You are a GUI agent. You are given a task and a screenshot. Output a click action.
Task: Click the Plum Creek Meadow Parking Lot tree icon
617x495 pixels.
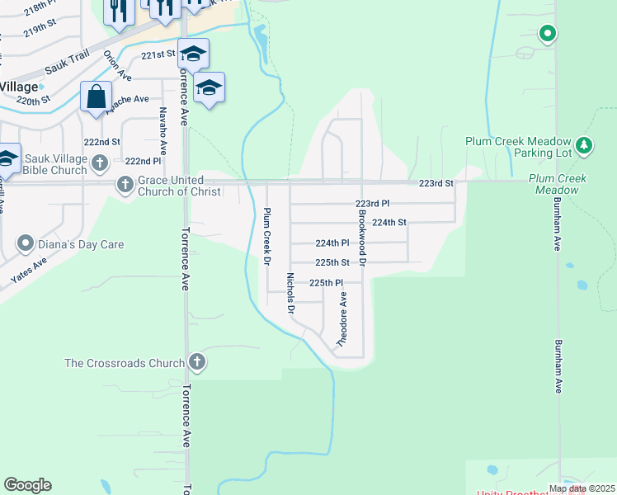click(585, 146)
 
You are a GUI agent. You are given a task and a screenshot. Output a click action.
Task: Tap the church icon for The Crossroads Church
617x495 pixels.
click(197, 361)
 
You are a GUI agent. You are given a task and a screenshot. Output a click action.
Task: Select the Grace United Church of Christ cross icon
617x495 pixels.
click(125, 184)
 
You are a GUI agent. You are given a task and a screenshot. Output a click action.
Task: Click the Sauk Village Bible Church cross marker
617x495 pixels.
click(100, 163)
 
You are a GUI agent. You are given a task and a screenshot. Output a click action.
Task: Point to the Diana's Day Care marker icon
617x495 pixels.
click(25, 243)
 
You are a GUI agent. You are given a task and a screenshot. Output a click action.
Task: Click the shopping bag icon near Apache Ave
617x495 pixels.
click(96, 97)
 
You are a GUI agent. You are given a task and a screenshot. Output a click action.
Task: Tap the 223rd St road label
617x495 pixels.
click(436, 183)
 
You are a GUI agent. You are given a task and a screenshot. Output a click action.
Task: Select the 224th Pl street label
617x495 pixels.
click(333, 243)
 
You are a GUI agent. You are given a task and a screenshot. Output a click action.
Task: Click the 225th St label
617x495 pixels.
click(333, 263)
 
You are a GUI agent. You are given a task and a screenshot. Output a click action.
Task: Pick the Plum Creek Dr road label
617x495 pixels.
click(267, 236)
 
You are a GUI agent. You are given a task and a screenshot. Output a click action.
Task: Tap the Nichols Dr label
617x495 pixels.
click(290, 294)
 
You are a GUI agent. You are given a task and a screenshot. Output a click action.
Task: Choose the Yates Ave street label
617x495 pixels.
click(29, 271)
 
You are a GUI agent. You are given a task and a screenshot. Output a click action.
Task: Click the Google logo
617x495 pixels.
click(27, 485)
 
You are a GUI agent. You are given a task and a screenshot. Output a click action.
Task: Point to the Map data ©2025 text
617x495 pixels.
click(582, 488)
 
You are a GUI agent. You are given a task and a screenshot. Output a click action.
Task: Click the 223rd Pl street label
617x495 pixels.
click(372, 203)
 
